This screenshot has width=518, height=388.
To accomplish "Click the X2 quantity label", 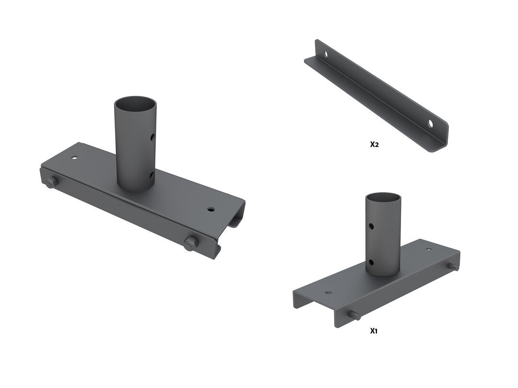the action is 374,144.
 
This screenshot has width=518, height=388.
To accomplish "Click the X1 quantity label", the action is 373,331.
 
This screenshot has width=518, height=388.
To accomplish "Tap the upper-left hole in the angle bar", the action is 326,54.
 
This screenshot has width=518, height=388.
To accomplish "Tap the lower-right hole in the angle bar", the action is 431,124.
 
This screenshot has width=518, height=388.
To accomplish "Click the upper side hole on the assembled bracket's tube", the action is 152,136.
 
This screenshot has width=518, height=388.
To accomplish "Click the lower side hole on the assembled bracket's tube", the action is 152,174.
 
